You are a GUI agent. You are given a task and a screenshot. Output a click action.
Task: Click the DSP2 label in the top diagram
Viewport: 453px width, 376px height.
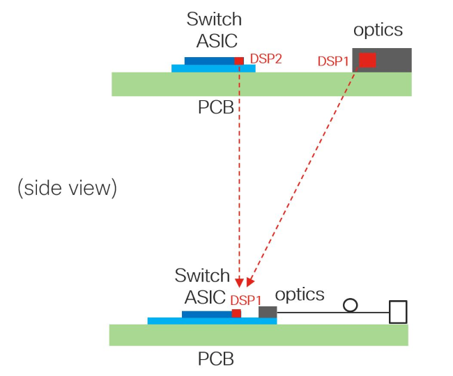(266, 60)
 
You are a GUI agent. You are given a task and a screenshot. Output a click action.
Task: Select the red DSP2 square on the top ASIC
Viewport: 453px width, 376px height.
(239, 61)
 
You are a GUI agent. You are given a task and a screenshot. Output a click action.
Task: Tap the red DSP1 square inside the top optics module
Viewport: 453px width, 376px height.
(367, 61)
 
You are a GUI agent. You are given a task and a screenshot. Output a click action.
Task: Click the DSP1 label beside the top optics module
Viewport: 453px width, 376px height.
(333, 61)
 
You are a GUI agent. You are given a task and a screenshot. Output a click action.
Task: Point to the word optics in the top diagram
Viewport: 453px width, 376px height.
(378, 30)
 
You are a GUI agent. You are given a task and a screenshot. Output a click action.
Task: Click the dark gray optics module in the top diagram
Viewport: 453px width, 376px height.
(394, 60)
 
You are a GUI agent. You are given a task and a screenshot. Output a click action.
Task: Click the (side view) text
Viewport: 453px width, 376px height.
(67, 189)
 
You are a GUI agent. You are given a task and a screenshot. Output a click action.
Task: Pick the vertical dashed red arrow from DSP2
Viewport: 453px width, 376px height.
(239, 174)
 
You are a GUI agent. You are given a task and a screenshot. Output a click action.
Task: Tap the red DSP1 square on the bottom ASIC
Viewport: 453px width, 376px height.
(236, 314)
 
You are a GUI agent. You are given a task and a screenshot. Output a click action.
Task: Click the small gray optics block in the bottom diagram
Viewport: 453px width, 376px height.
(268, 312)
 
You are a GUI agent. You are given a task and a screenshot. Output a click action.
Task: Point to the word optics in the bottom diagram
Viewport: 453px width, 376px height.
(300, 295)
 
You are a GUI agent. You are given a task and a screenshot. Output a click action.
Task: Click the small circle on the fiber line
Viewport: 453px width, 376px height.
(351, 305)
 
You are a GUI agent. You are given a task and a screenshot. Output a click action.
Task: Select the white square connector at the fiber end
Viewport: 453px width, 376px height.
(397, 312)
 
